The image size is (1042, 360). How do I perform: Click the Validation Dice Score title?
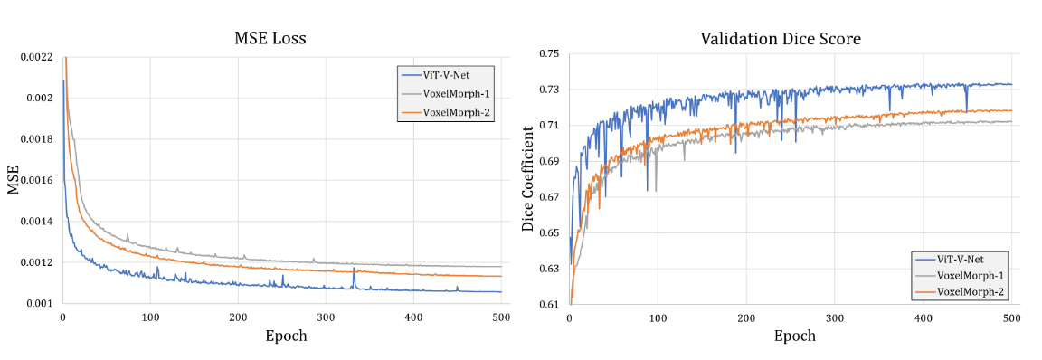coord(781,39)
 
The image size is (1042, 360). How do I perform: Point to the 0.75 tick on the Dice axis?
coord(549,53)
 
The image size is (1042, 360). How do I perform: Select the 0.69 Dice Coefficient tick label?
coord(549,161)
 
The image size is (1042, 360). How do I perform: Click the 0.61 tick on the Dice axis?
coord(549,305)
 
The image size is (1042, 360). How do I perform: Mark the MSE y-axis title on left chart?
coord(14,180)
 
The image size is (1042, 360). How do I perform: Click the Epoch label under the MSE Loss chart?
coord(286,336)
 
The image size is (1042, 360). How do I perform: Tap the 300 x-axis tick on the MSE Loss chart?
coord(326,318)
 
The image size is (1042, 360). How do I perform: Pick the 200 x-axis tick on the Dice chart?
coord(746,319)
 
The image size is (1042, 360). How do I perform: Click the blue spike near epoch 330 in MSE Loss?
coord(354,273)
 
